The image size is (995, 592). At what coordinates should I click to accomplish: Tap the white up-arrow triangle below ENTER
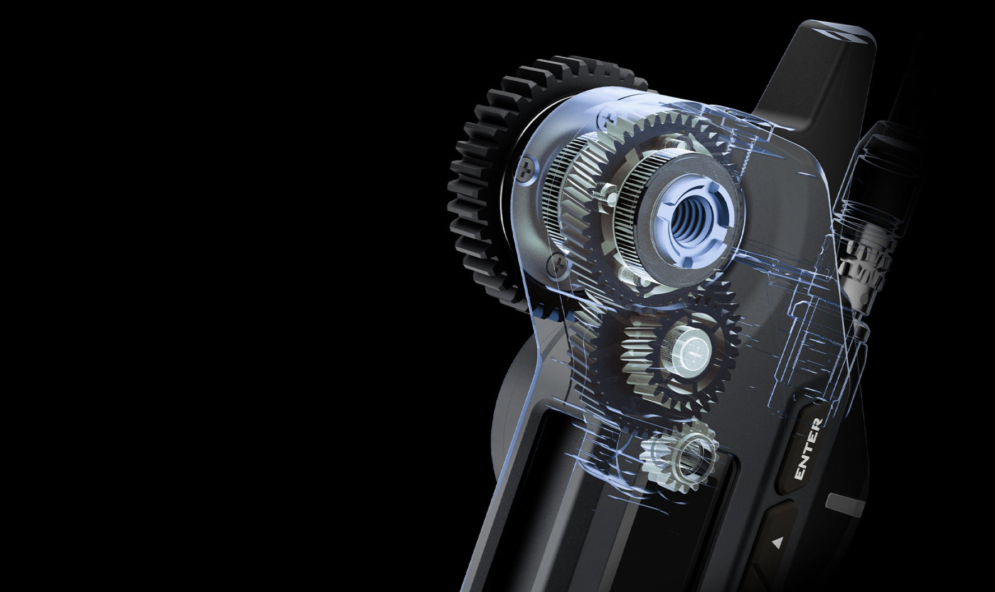tap(777, 543)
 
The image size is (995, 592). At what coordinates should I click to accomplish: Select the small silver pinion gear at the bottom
tap(679, 455)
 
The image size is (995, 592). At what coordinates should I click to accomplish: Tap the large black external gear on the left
tap(493, 185)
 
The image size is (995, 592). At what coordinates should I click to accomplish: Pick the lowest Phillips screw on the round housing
tap(557, 266)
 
